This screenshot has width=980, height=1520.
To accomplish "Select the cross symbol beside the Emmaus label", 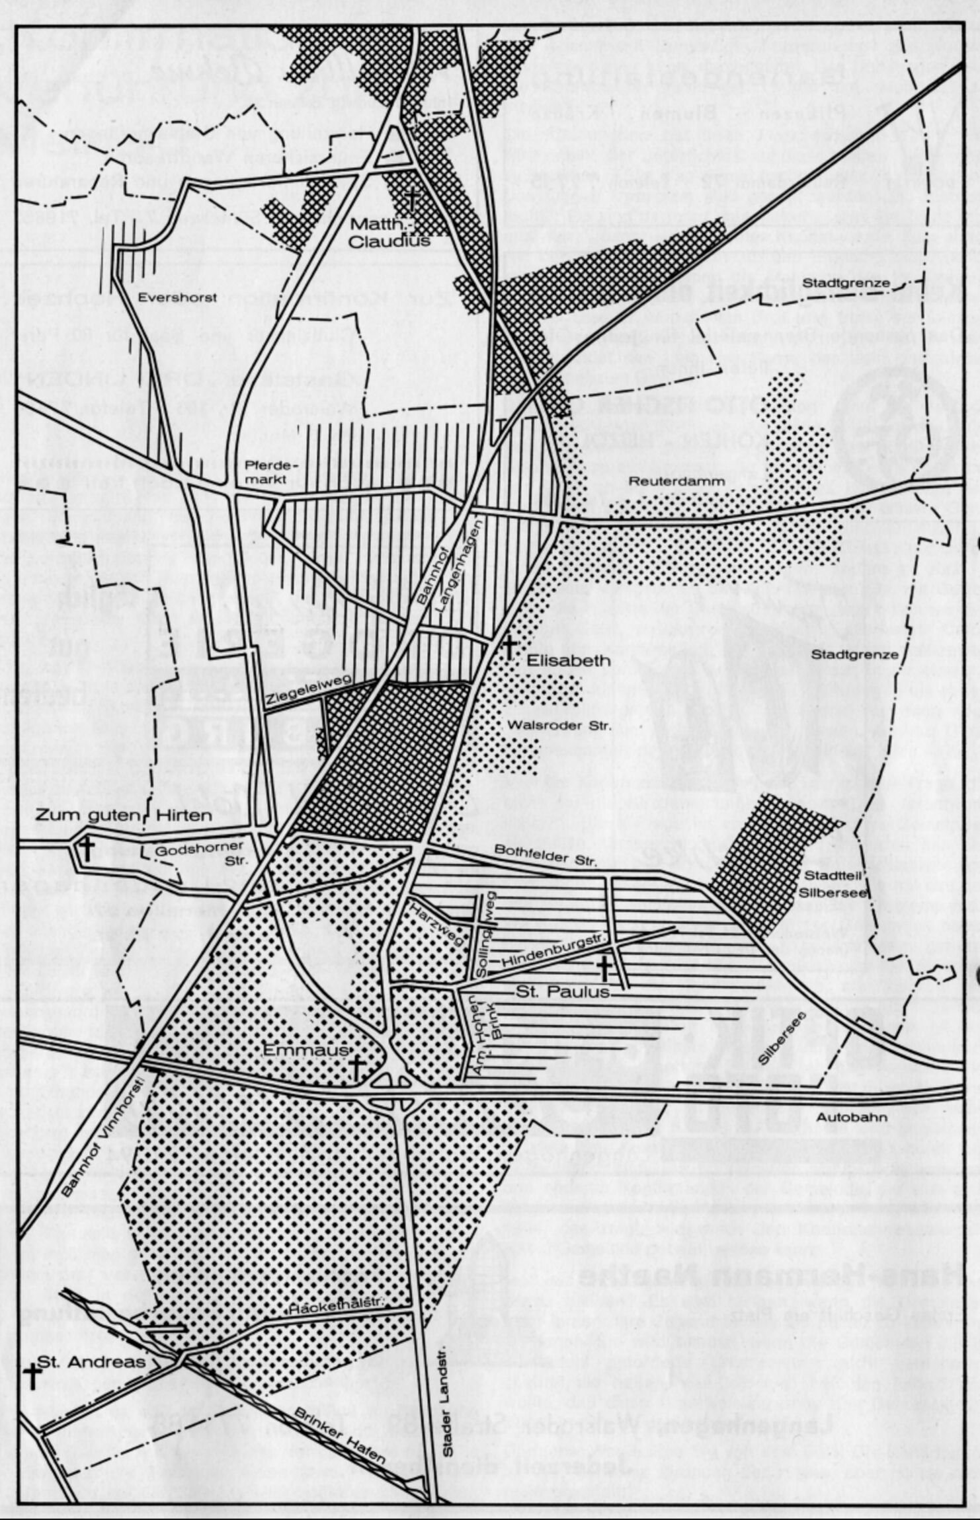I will coord(356,1068).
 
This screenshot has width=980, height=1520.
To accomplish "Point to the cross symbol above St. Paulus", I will coord(604,968).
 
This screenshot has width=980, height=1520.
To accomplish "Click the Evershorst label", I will coord(177,298).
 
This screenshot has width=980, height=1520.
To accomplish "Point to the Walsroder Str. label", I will coord(559,726).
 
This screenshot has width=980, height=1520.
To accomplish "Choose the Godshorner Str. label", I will coord(200,854).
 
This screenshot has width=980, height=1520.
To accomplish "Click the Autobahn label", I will coord(852,1118).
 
